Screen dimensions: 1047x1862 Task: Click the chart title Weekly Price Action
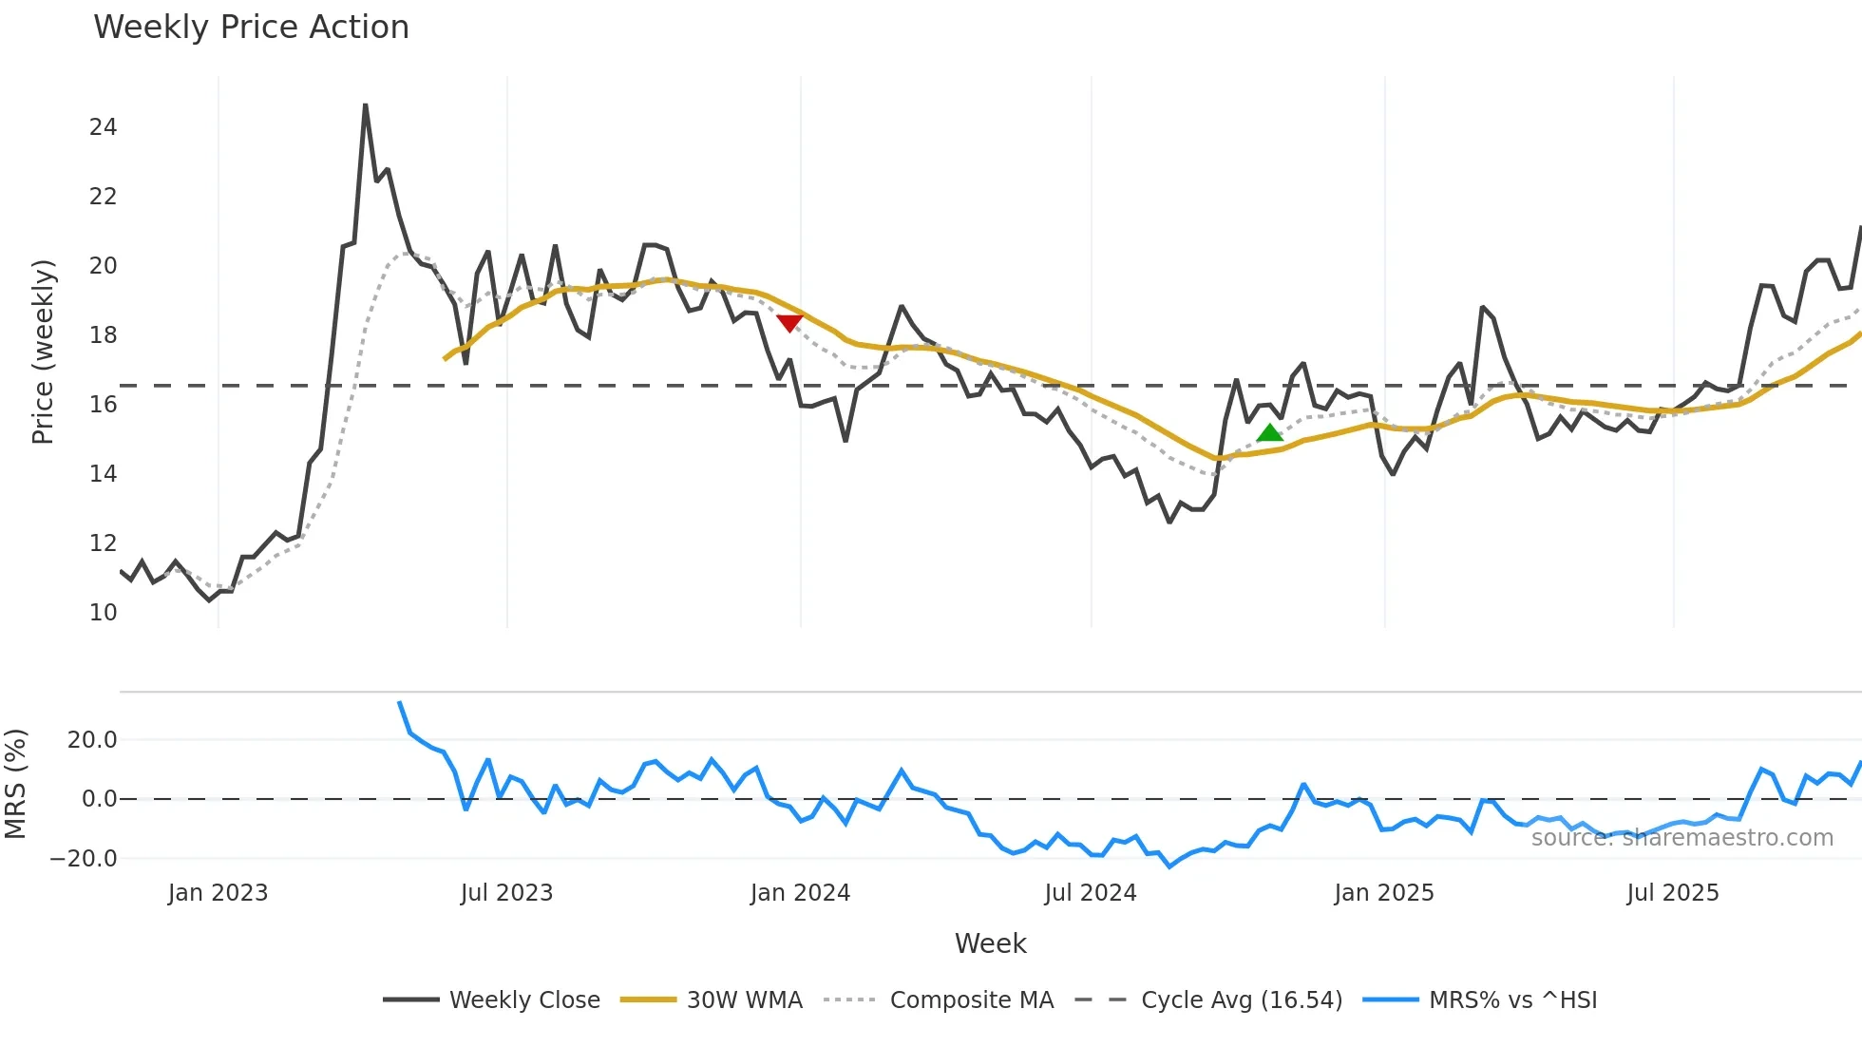[251, 28]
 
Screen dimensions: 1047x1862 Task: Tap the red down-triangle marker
[789, 323]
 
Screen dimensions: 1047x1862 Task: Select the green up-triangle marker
[1270, 433]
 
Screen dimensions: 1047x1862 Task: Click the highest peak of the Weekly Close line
[366, 105]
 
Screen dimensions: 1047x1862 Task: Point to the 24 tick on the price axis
[103, 127]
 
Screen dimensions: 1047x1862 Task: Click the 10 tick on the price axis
[103, 613]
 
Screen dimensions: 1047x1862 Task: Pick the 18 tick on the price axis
[103, 335]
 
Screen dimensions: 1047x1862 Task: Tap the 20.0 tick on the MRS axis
[92, 740]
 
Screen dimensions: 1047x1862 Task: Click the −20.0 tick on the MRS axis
[84, 859]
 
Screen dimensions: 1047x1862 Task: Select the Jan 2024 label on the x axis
[800, 893]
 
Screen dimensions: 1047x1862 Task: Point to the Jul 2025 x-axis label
[1673, 893]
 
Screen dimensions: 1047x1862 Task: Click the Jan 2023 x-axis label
[218, 893]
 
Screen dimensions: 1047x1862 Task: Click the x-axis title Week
[990, 943]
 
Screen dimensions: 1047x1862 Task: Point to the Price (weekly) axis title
[43, 352]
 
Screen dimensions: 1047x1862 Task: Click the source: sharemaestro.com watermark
[1681, 838]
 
